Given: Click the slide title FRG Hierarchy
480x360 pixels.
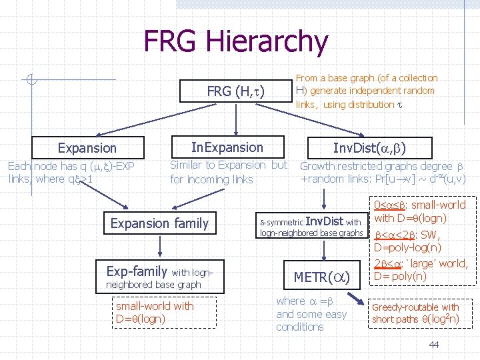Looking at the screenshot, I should coord(236,41).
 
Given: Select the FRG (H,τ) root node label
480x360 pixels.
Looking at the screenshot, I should coord(236,91).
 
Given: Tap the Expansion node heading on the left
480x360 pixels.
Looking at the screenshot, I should coord(87,148).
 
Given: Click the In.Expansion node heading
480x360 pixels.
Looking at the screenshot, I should coord(227,147).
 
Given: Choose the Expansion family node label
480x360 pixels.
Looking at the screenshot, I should coord(159,223).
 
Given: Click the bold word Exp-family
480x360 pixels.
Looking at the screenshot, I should coord(137,271).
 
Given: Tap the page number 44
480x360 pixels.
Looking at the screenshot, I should coord(434,344).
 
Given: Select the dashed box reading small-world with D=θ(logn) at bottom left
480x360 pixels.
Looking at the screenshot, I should coord(155,311).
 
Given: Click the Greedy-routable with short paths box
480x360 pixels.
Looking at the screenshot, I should coord(415,313).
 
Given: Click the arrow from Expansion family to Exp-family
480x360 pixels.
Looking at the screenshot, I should coord(159,246).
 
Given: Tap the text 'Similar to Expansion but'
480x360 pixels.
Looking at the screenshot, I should coord(229,165).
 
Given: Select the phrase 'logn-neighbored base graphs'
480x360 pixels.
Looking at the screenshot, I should coord(311,233).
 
